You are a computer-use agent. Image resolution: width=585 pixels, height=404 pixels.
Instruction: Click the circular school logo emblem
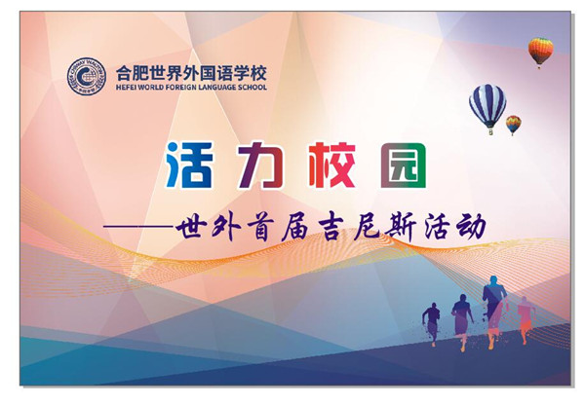(x=87, y=76)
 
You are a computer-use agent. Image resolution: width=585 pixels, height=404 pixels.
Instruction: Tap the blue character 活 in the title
(x=189, y=165)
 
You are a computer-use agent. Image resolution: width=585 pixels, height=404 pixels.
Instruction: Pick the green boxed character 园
(x=404, y=165)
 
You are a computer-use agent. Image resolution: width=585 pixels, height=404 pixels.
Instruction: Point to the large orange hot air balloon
(x=540, y=52)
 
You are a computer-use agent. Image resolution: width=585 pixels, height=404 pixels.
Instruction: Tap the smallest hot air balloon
(x=514, y=125)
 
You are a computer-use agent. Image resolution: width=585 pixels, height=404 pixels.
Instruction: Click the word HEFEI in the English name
(x=126, y=88)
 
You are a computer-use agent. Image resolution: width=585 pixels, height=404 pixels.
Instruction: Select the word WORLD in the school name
(x=150, y=88)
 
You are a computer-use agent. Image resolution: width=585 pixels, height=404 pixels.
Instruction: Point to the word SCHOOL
(x=253, y=88)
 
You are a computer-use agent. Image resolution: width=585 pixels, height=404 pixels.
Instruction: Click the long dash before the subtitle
(x=138, y=226)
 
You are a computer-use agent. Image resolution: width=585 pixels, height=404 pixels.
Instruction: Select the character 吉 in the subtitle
(x=331, y=228)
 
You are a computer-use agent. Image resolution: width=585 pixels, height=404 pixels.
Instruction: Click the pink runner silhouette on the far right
(x=526, y=319)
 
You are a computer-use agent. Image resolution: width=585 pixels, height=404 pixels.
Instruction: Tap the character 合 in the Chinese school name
(x=124, y=73)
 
